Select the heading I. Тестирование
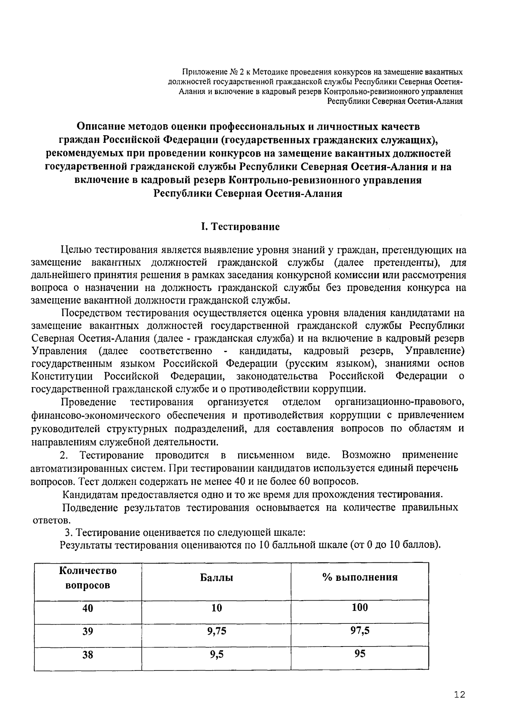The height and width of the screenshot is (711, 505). [240, 227]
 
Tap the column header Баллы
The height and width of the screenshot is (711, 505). [216, 577]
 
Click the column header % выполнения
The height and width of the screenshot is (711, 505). [360, 577]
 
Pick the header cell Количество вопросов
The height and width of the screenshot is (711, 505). [88, 578]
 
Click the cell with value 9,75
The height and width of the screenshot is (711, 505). [216, 631]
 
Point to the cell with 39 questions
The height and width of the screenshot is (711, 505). [88, 631]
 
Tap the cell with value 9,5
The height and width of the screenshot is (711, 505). [216, 655]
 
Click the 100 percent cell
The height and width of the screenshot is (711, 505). [360, 607]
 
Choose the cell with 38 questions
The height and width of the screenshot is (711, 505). [88, 655]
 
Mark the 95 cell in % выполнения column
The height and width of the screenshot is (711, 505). [360, 654]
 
